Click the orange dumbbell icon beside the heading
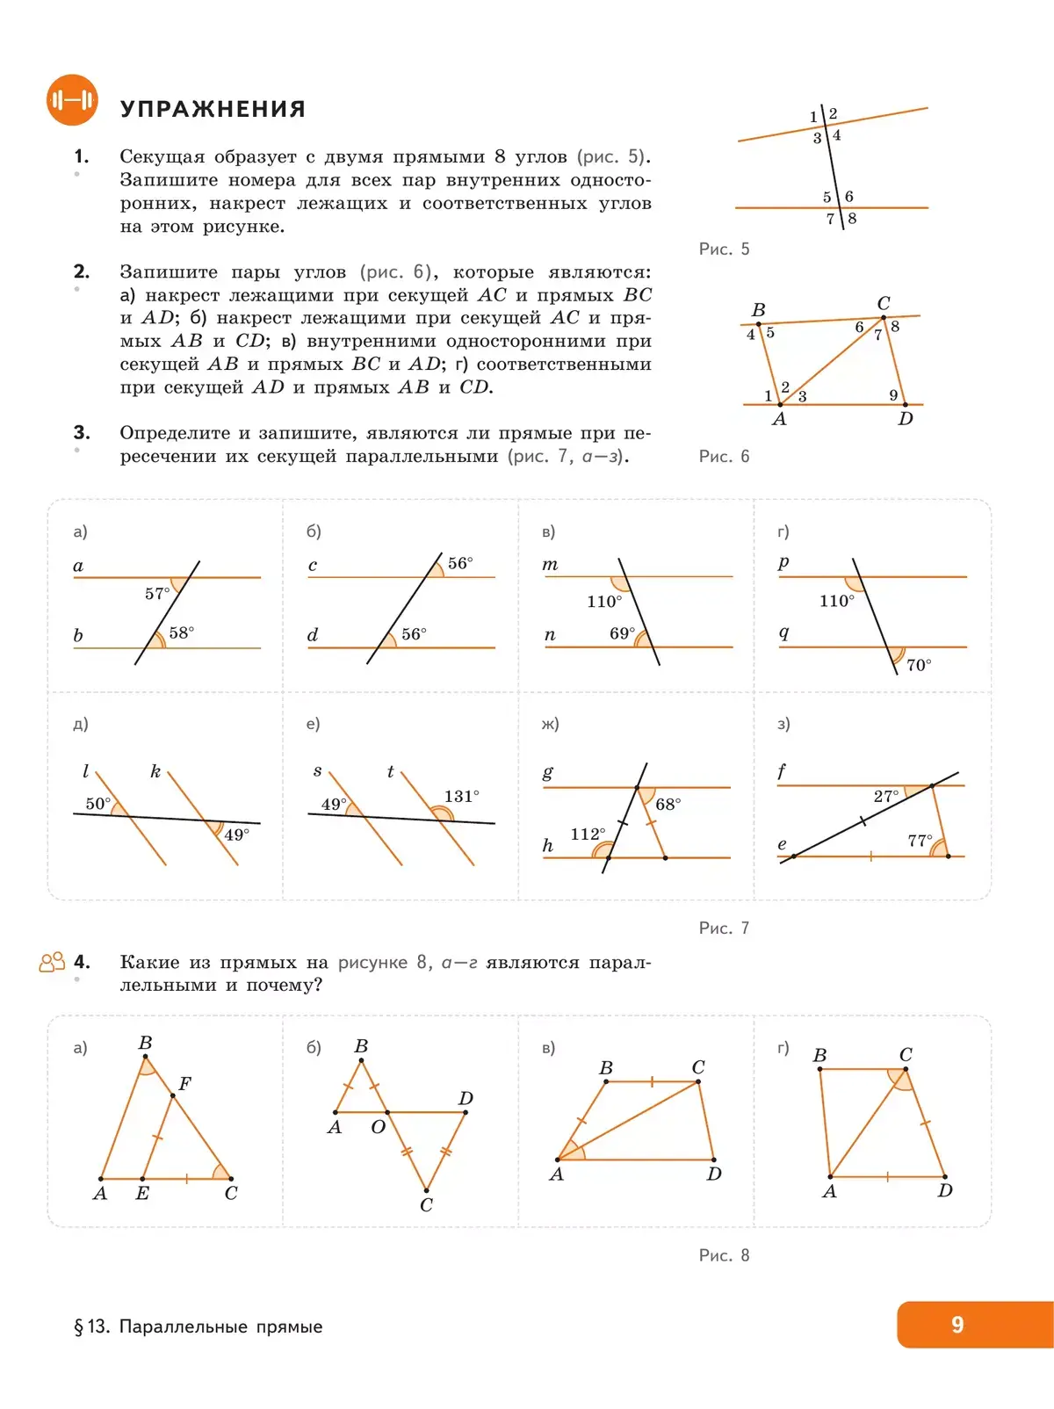[72, 100]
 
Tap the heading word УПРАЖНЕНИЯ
[213, 109]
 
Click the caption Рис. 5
[724, 249]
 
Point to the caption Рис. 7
[724, 928]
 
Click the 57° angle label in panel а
[157, 594]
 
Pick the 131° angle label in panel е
[462, 797]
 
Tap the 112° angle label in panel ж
[588, 834]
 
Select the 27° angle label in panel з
[886, 796]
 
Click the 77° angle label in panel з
[920, 841]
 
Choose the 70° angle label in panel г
[919, 666]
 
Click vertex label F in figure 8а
[184, 1084]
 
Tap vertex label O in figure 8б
[378, 1127]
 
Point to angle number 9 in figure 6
[893, 395]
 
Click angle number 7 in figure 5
[830, 219]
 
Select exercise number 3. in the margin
[82, 433]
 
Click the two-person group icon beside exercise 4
[52, 963]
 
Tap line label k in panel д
[155, 772]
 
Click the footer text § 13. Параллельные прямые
[199, 1326]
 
